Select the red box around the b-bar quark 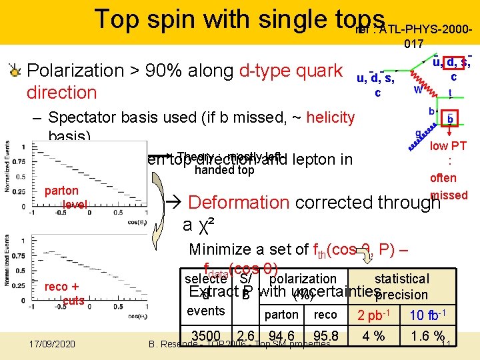tap(450, 119)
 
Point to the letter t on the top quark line tap(450, 93)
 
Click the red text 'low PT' tap(448, 146)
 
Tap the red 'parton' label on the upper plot tap(61, 191)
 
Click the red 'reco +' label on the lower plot tap(64, 287)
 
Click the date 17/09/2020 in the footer tap(53, 344)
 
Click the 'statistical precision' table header tap(401, 286)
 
